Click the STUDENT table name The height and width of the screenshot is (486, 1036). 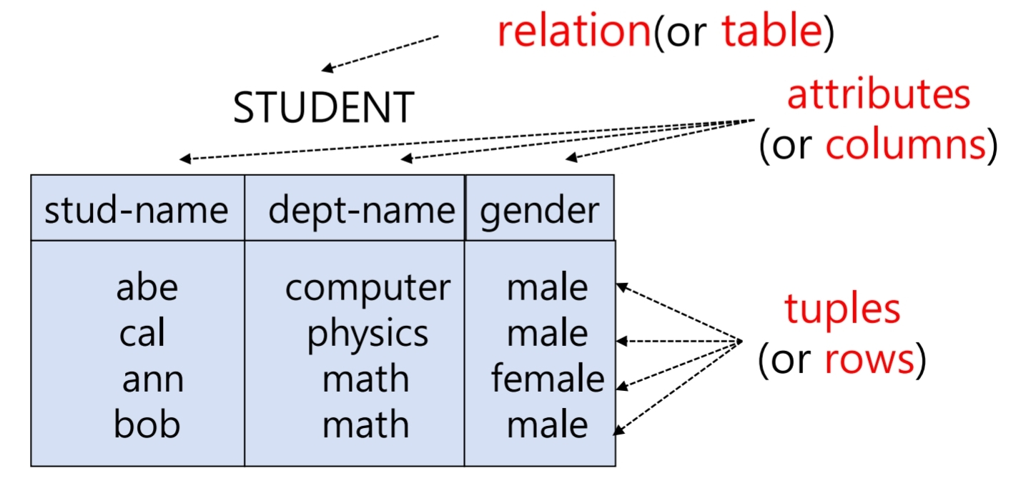point(323,108)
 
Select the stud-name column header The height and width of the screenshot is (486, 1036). point(136,210)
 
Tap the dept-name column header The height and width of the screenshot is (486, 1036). point(361,210)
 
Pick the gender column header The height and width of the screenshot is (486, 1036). point(539,210)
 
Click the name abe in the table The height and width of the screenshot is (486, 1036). point(147,287)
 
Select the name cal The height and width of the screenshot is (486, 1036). point(142,333)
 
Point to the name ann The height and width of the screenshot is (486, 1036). point(152,379)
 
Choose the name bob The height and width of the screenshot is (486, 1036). point(147,425)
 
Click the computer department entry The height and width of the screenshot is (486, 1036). point(367,287)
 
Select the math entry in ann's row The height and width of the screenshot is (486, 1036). point(365,379)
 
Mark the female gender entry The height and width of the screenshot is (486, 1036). point(547,379)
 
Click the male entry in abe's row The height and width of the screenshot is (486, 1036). point(547,287)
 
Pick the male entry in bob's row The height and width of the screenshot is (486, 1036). point(547,425)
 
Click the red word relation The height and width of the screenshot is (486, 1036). point(574,32)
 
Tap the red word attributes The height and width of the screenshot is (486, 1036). point(878,94)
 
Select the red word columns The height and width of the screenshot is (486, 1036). point(906,145)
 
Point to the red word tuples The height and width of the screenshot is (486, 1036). point(842,309)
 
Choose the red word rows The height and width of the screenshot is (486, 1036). point(869,359)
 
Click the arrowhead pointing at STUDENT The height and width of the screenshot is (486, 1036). point(326,69)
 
